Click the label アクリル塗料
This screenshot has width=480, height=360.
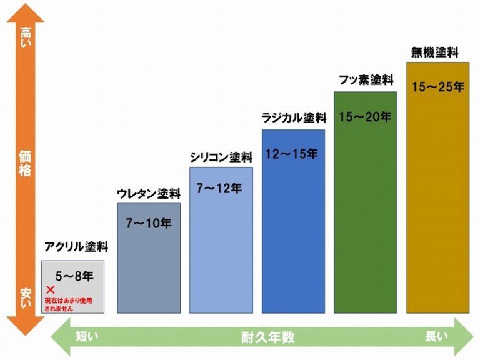click(x=76, y=247)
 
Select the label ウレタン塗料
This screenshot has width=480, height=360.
click(x=149, y=194)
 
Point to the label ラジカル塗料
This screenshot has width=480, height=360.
click(x=294, y=119)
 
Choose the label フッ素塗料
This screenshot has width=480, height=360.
click(x=366, y=80)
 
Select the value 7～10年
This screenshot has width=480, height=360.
click(x=149, y=222)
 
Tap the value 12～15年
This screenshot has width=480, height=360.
click(x=291, y=154)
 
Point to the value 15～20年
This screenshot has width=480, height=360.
click(x=365, y=117)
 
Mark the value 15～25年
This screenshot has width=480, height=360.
click(x=437, y=87)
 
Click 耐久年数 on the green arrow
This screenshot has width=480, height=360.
click(x=267, y=337)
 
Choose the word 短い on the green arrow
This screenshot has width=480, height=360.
click(x=87, y=337)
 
